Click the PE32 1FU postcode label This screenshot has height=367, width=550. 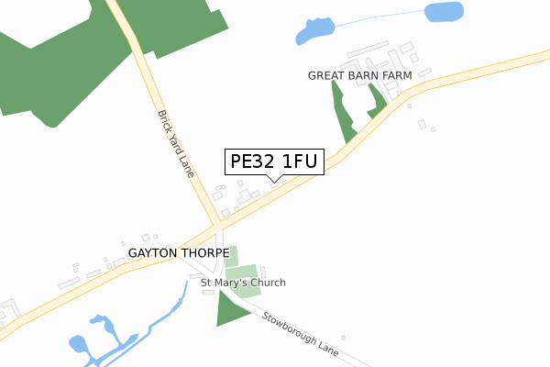(x=274, y=162)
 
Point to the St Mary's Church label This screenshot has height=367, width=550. (x=243, y=283)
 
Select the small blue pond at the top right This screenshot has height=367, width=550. (x=444, y=12)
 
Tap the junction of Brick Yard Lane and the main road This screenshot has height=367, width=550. (x=217, y=224)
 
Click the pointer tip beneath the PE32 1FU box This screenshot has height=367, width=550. (x=274, y=180)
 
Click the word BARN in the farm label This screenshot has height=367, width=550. (x=367, y=74)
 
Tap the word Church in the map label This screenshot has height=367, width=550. (x=267, y=283)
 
